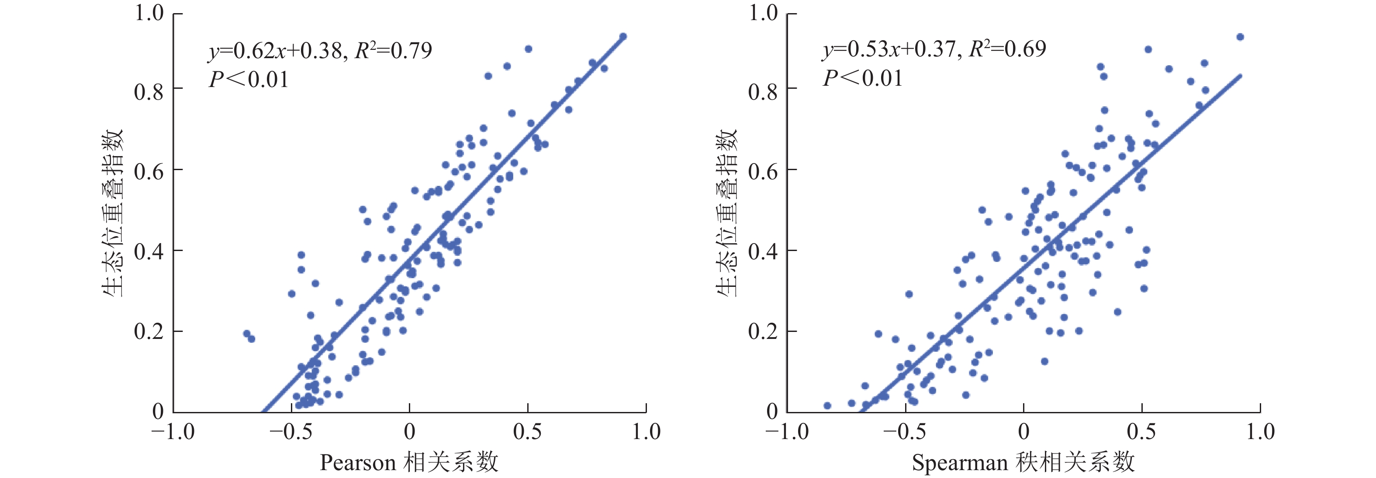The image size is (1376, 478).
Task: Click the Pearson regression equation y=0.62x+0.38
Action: tap(275, 51)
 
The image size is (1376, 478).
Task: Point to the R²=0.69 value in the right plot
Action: tap(1007, 49)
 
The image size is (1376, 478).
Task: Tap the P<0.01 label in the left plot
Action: tap(249, 80)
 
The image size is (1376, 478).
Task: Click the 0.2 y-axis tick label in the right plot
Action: tap(762, 331)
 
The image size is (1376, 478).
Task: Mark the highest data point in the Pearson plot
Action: tap(623, 36)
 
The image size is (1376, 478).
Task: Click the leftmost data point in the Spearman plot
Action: tap(827, 406)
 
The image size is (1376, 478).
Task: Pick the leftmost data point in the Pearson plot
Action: tap(247, 334)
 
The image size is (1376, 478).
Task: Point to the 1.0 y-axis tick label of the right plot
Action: tap(762, 13)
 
